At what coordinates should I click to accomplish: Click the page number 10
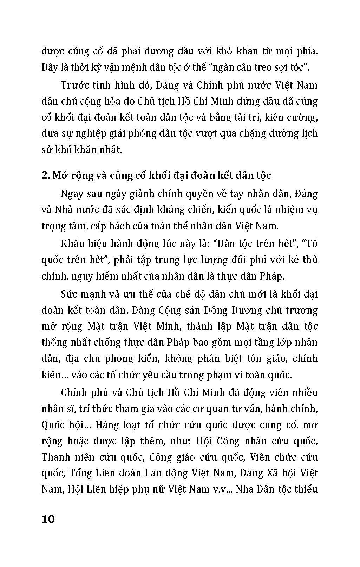(x=48, y=519)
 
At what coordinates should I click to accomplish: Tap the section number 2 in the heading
(x=45, y=176)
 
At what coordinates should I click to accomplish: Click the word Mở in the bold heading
(x=59, y=176)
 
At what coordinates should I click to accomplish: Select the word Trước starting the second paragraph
(x=74, y=85)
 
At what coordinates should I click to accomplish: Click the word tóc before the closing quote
(x=296, y=67)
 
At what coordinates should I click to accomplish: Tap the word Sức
(x=69, y=294)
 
